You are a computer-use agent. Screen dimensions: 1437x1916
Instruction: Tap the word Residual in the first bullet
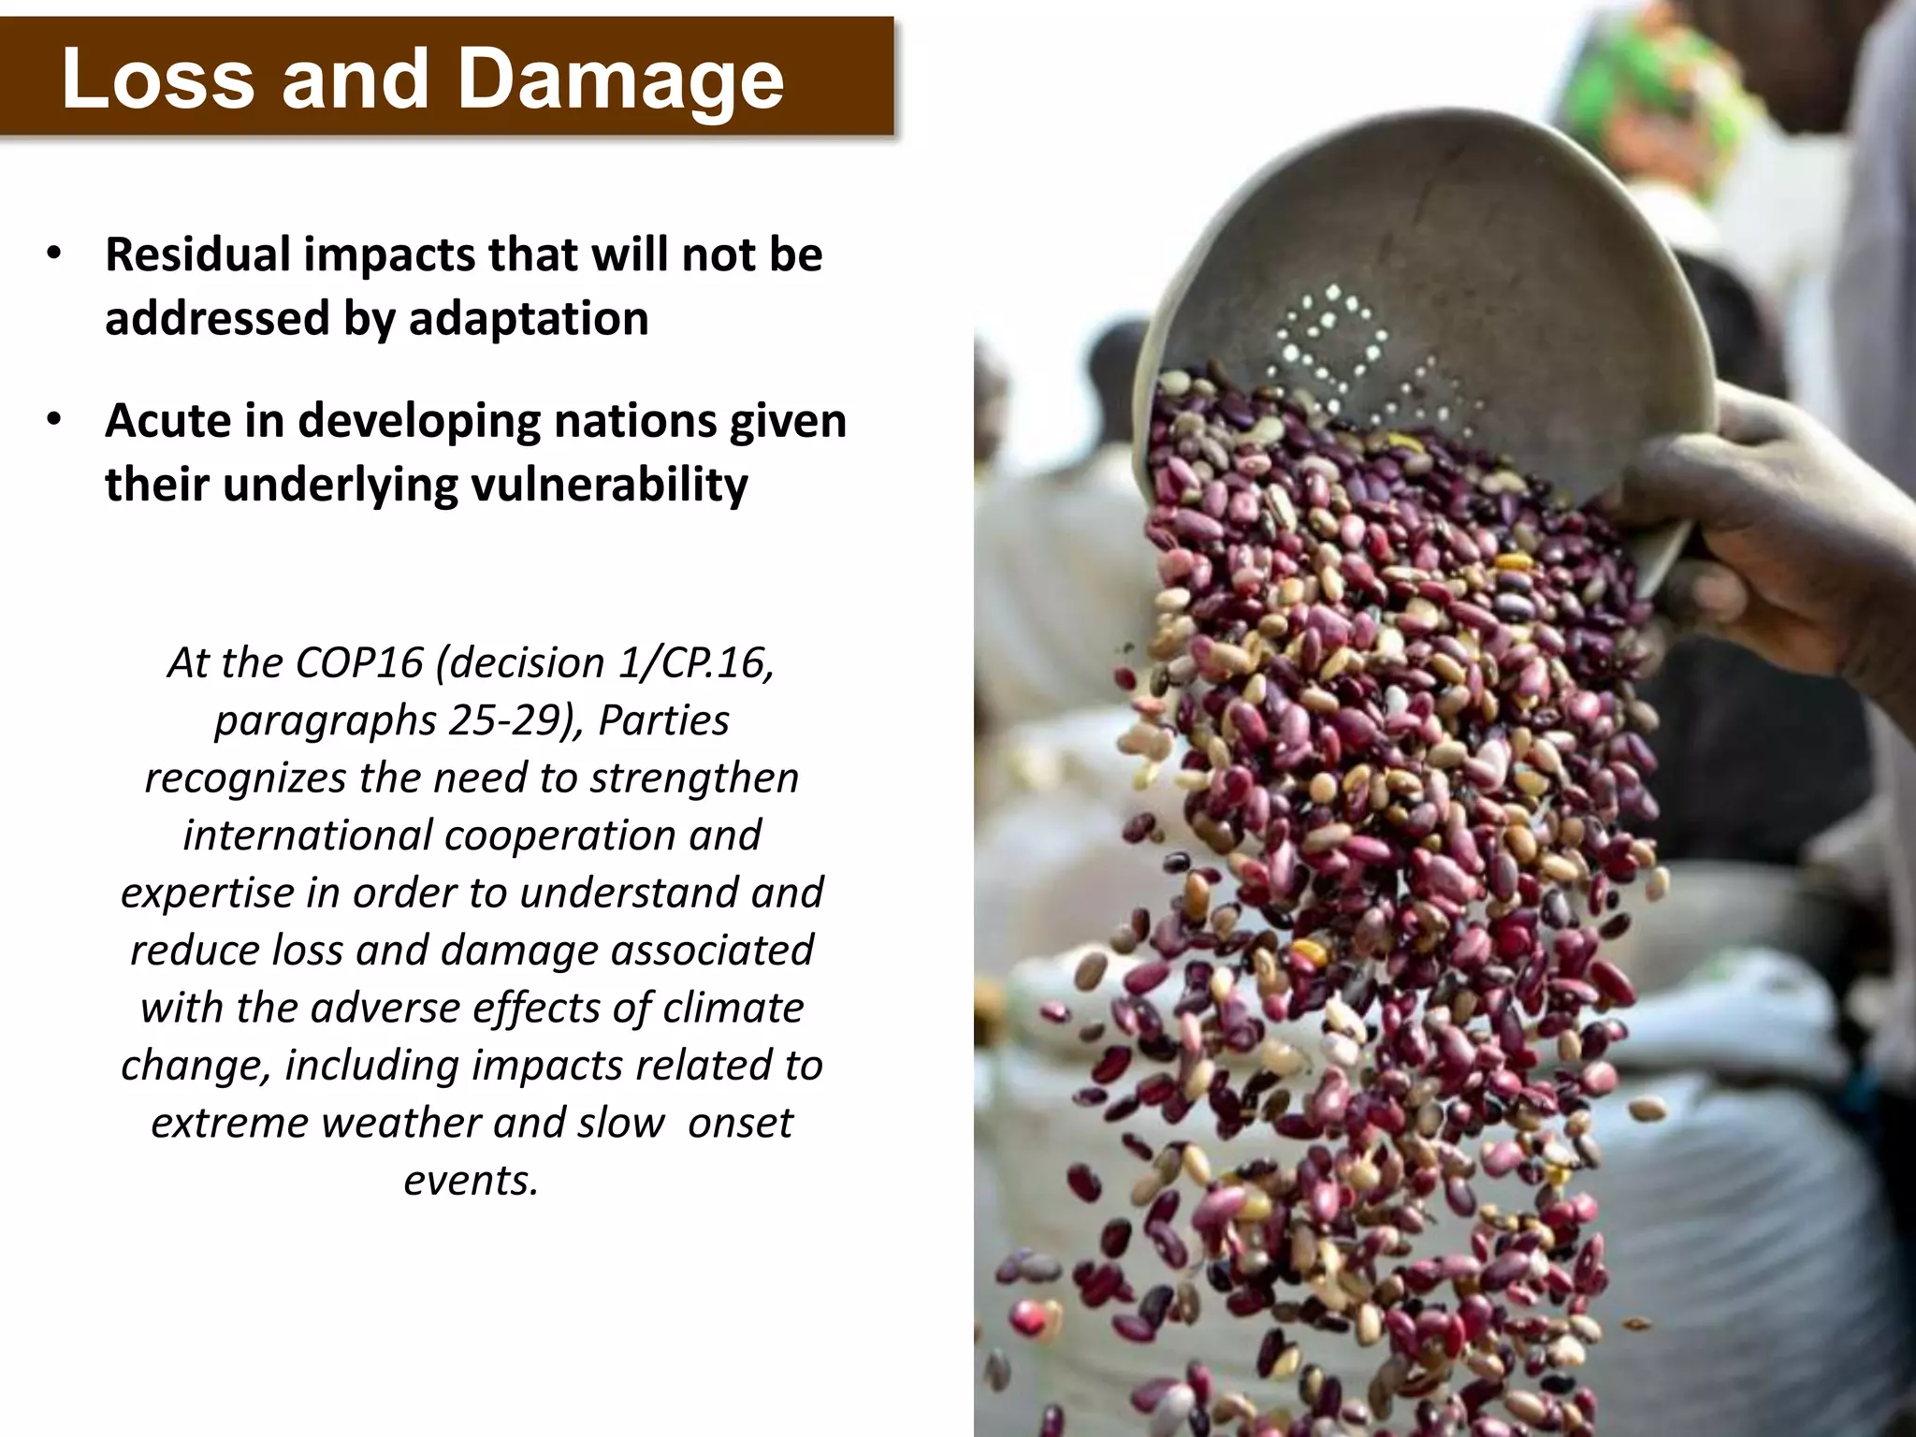pyautogui.click(x=198, y=254)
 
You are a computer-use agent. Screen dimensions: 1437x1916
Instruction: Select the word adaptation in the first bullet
pyautogui.click(x=529, y=319)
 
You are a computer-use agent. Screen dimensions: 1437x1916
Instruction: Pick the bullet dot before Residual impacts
pyautogui.click(x=55, y=254)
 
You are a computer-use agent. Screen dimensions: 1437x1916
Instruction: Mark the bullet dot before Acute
pyautogui.click(x=55, y=420)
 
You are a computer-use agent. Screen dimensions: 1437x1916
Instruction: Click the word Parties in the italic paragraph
pyautogui.click(x=663, y=721)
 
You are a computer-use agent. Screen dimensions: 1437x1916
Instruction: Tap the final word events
pyautogui.click(x=472, y=1181)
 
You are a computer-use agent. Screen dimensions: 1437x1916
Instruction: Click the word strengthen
pyautogui.click(x=694, y=778)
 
